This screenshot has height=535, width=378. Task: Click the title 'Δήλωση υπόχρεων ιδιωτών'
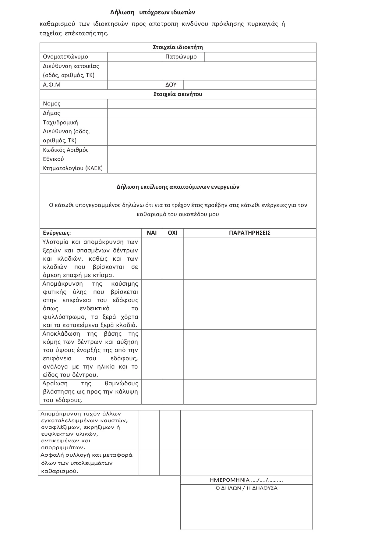click(153, 12)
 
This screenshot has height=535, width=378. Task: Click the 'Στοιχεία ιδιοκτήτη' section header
click(178, 47)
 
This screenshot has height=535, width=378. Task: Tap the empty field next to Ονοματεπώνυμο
click(134, 57)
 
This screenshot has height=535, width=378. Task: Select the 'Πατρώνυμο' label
click(181, 57)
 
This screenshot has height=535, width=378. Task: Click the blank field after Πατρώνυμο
click(260, 57)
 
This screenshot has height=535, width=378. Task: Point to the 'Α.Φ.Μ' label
click(52, 85)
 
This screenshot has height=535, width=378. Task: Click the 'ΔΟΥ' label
click(171, 85)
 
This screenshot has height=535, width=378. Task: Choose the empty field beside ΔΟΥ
click(249, 85)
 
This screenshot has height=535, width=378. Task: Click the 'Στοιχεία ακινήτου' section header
click(178, 94)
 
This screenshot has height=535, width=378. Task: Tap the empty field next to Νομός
click(211, 104)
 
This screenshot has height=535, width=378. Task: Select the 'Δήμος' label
click(51, 113)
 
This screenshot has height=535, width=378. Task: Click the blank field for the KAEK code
click(211, 159)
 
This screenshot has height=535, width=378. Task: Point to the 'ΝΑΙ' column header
click(152, 233)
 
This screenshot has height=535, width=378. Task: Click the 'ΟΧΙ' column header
click(173, 233)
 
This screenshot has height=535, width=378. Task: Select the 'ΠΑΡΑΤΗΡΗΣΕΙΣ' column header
click(250, 233)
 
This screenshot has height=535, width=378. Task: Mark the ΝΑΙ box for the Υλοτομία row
click(152, 259)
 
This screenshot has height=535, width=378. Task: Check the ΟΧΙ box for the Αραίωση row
click(173, 392)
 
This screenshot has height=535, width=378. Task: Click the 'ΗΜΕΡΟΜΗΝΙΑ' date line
click(246, 480)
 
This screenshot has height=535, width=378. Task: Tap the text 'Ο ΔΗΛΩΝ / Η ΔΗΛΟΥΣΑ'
click(246, 488)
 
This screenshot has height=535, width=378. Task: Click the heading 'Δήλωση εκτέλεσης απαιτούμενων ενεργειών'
click(178, 187)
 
